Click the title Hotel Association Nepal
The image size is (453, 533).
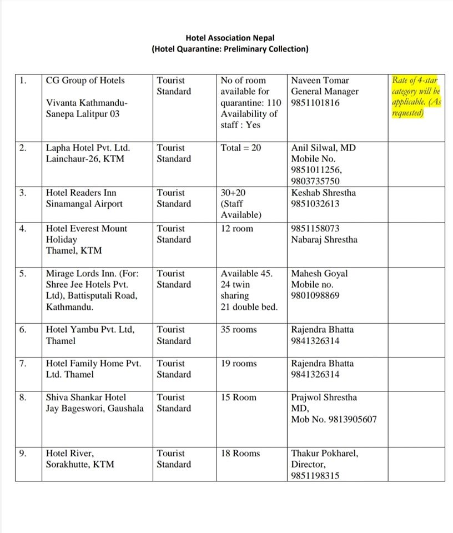coord(230,38)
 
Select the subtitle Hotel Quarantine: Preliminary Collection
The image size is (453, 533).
coord(230,49)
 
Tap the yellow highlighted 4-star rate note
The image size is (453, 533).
coord(416,97)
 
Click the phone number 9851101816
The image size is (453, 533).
coord(315,103)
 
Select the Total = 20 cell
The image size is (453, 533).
coord(241,148)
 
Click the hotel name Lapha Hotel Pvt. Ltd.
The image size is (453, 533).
coord(88,148)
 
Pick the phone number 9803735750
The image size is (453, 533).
coord(315,182)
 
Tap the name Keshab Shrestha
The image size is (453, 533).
coord(324,193)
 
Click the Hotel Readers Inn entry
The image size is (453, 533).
coord(82,193)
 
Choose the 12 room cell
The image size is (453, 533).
coord(236,229)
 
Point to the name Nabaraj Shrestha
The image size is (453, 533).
coord(324,240)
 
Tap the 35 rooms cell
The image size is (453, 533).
coord(239,330)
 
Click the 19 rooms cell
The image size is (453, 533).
coord(239,364)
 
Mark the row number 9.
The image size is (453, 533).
coord(22,454)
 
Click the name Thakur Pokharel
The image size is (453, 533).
coord(325,454)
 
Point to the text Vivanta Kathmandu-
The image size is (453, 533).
coord(87,103)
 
